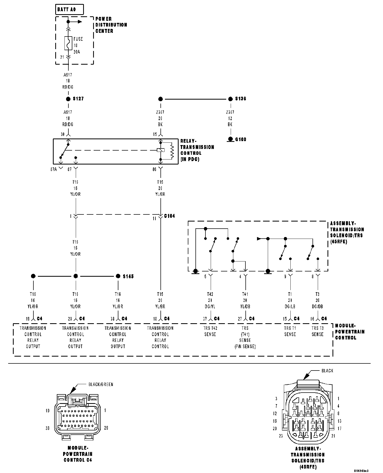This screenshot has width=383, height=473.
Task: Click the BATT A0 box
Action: click(x=70, y=10)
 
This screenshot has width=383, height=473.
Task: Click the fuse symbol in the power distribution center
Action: click(x=68, y=43)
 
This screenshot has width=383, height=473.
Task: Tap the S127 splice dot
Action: click(x=68, y=99)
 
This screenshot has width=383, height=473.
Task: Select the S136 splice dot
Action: click(x=230, y=99)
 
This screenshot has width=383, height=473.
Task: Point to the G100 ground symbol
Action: click(x=231, y=139)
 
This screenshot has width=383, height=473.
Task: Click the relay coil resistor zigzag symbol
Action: click(x=172, y=151)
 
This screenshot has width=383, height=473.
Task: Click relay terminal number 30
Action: click(x=63, y=134)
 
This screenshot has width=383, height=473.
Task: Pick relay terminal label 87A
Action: click(x=53, y=169)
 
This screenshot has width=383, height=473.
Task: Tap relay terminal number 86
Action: click(x=155, y=169)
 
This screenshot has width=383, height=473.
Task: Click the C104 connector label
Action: click(x=169, y=216)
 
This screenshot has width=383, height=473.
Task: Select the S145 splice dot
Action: click(x=118, y=276)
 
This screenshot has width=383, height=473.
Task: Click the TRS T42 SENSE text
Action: click(x=210, y=331)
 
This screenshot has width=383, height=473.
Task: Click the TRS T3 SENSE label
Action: click(x=318, y=331)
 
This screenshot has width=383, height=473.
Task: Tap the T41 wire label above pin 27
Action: click(x=245, y=294)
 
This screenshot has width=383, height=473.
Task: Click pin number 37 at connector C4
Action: click(x=205, y=319)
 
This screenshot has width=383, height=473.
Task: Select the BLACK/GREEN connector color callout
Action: click(x=101, y=384)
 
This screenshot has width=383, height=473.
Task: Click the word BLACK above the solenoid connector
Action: click(x=327, y=371)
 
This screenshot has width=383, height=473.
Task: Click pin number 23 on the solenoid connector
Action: click(x=281, y=436)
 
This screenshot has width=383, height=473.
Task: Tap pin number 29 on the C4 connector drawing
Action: click(x=106, y=428)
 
